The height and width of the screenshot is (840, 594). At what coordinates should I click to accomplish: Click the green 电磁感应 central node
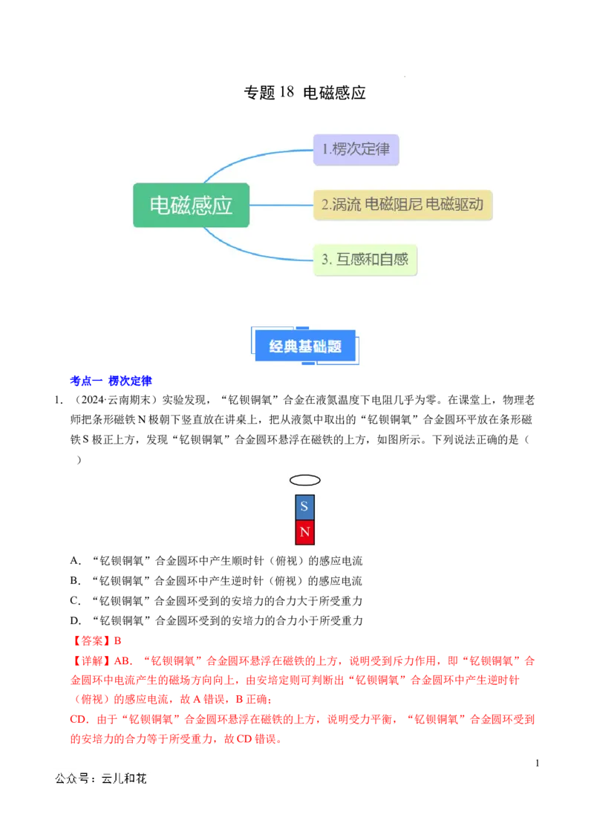click(191, 205)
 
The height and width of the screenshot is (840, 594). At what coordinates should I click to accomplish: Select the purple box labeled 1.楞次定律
click(356, 149)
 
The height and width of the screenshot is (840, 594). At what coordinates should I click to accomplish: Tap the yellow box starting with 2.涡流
click(402, 205)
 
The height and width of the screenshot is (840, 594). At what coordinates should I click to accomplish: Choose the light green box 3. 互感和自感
click(365, 260)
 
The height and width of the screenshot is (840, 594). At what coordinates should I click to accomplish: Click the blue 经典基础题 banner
click(305, 346)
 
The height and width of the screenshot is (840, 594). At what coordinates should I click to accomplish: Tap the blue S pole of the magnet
click(304, 508)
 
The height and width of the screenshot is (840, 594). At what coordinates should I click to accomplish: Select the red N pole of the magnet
click(304, 533)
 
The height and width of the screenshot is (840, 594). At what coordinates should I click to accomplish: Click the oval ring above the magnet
click(304, 480)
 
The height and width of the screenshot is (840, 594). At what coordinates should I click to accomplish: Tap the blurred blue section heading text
click(111, 381)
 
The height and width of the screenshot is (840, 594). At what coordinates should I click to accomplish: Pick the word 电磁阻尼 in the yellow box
click(394, 205)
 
